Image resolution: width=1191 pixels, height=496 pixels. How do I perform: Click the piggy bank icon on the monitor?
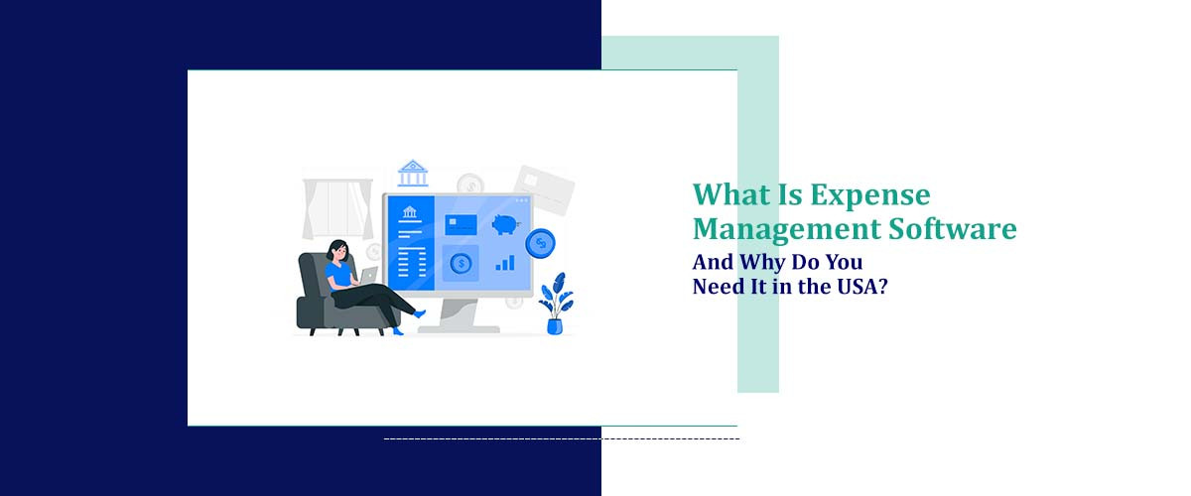506,224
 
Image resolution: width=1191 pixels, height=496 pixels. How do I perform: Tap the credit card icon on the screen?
461,224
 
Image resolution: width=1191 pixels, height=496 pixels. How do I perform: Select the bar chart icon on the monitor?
505,263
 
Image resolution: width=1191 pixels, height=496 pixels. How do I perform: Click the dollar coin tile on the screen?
461,263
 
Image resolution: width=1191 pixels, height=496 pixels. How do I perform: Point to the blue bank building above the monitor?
413,174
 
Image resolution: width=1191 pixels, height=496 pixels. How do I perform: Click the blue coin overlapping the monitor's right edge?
541,242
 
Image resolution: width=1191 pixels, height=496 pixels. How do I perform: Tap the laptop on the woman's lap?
368,275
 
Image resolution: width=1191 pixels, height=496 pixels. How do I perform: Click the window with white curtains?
337,209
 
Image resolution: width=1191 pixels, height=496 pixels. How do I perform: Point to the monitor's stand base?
458,326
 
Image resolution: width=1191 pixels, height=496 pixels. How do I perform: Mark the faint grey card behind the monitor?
545,188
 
